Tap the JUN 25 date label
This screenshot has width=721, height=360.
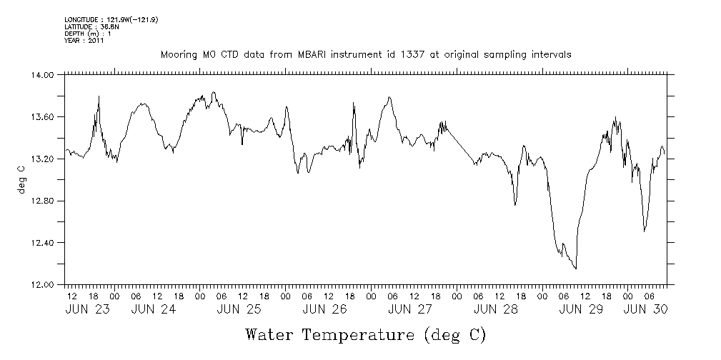point(239,309)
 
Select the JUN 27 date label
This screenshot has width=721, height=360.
point(409,309)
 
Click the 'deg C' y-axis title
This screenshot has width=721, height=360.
point(21,179)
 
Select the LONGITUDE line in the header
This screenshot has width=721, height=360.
point(111,19)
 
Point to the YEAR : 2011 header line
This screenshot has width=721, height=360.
point(84,41)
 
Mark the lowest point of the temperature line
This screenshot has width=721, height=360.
point(576,269)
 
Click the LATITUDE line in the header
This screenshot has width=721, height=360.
point(91,26)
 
